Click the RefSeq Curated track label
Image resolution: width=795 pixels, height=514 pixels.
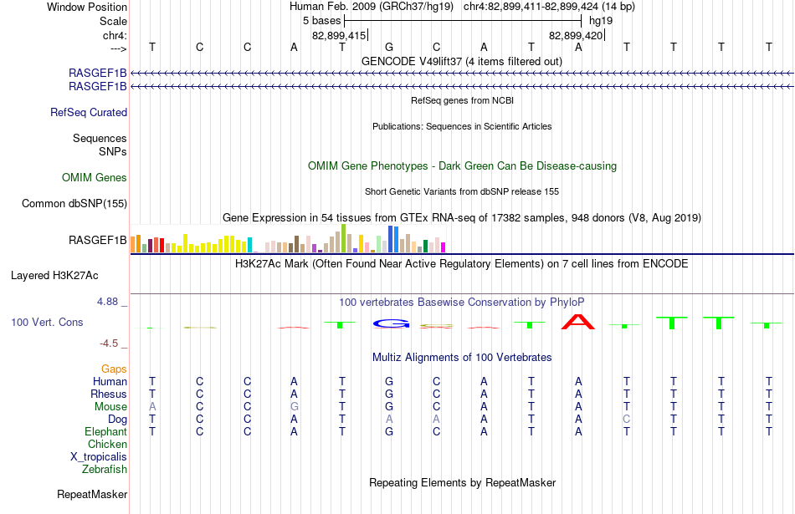[89, 113]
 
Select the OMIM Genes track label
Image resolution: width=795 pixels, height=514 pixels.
[95, 178]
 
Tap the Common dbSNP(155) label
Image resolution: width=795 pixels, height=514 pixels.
[74, 204]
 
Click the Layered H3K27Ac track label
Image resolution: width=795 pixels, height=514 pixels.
[54, 276]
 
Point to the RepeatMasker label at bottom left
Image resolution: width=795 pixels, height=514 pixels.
[92, 494]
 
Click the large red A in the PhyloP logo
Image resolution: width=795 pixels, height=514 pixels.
[578, 322]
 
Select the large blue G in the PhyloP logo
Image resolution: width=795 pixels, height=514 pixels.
[391, 323]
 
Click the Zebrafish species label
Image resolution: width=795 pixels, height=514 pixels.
[105, 470]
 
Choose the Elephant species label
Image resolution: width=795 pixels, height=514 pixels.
[106, 432]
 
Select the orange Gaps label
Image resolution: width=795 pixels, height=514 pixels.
[114, 369]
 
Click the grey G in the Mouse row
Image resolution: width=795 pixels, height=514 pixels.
[294, 407]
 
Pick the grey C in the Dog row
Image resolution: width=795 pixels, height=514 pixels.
[627, 420]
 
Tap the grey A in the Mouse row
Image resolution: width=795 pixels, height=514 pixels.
[152, 407]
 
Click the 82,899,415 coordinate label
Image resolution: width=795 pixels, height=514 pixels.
[339, 36]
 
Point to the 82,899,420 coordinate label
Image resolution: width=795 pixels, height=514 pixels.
[576, 36]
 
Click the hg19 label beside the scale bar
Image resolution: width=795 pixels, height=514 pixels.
[601, 21]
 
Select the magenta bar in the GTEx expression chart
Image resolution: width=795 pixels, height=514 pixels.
[443, 247]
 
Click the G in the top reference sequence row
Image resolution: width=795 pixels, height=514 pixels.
[389, 47]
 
